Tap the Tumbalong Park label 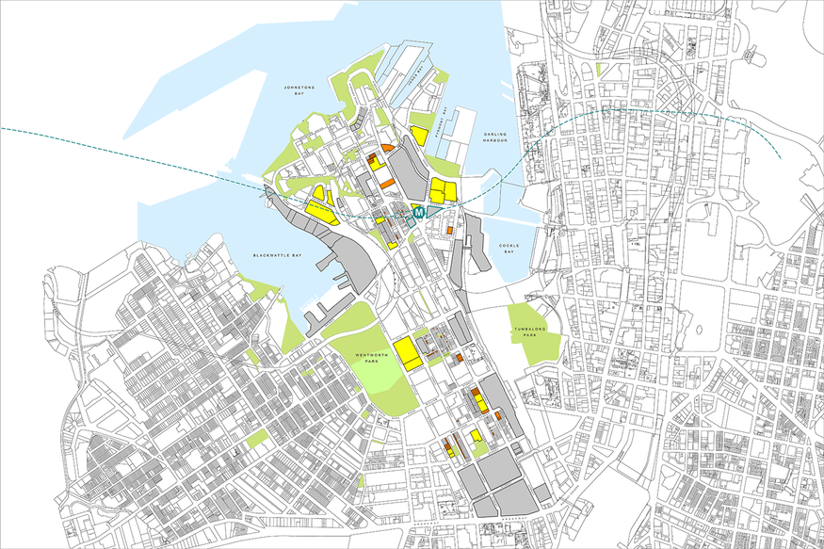point(528,332)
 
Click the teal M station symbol point(417,214)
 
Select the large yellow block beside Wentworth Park point(407,352)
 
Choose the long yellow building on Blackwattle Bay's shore point(322,212)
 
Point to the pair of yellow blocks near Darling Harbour point(443,192)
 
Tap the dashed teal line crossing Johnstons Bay point(141,151)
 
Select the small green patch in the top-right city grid point(599,69)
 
